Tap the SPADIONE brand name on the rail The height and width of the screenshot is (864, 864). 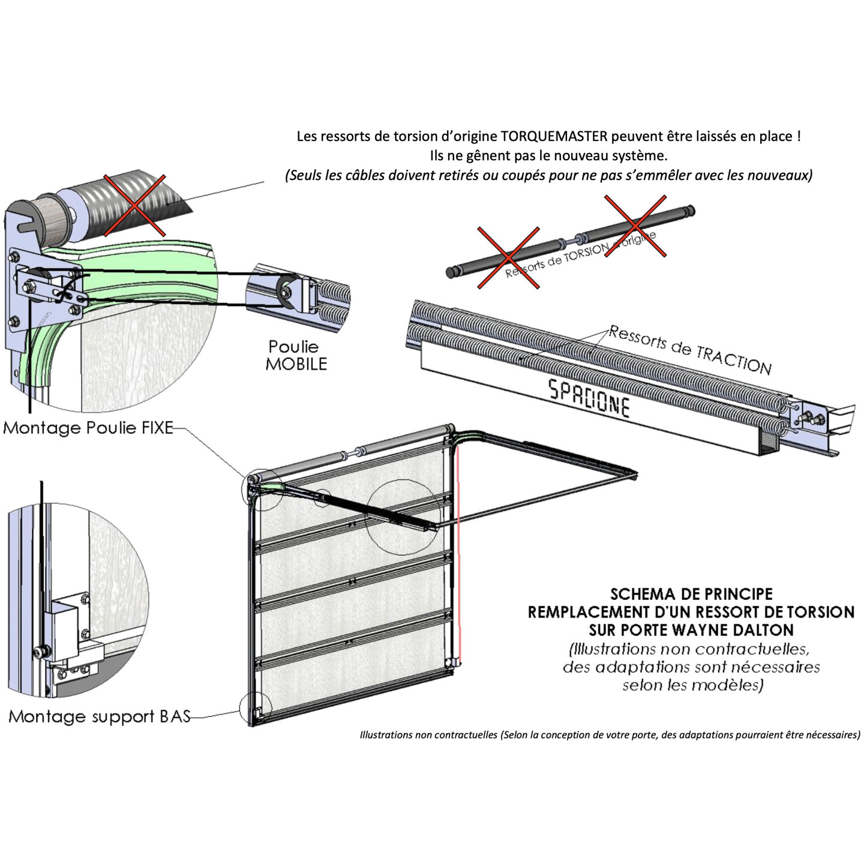[589, 398]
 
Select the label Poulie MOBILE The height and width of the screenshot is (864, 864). [296, 355]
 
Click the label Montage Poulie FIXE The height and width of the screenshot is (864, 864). [88, 428]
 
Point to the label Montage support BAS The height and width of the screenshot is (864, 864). [100, 716]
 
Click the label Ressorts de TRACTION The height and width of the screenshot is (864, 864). [690, 350]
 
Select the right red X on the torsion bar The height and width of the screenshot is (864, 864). [635, 226]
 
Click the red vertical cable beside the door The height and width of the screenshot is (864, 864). [458, 552]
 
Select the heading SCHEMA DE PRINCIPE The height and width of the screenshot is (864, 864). [691, 594]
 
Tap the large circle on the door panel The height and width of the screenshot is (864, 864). [403, 517]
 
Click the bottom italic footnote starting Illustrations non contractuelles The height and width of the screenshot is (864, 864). [610, 734]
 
